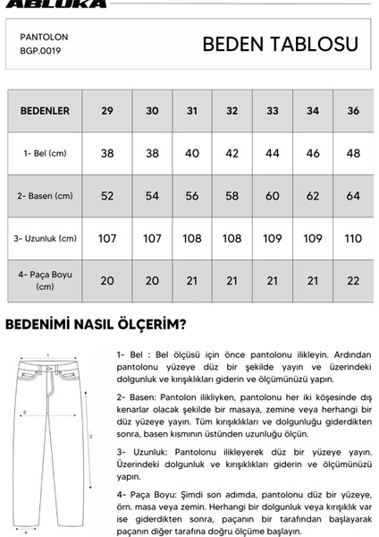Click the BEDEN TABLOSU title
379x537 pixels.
280,45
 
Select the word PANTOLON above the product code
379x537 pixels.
44,38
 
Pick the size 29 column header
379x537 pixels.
107,111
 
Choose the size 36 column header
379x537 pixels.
354,111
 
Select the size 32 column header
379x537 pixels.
232,111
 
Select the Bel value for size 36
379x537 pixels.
354,153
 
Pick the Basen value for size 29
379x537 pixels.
107,195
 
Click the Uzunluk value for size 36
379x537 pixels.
354,238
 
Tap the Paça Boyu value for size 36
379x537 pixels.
354,280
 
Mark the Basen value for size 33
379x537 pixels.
273,195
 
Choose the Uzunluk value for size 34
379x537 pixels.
312,238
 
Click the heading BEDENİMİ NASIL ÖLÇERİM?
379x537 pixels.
96,323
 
